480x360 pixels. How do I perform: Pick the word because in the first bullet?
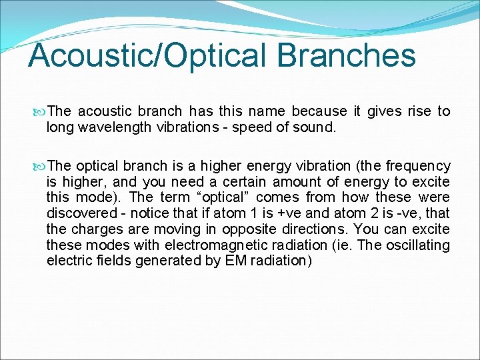pos(319,111)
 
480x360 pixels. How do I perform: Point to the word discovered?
pos(79,213)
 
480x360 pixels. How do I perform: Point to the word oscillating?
pos(417,245)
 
